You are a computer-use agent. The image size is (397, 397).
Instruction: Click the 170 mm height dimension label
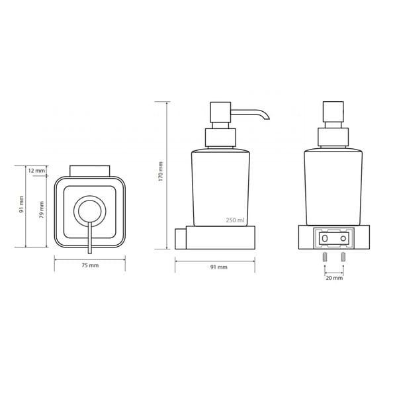pos(161,171)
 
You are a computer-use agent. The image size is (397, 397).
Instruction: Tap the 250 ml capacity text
pos(235,220)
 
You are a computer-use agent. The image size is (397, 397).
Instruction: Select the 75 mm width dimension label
pos(90,265)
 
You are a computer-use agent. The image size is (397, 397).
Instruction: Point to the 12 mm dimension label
pos(36,171)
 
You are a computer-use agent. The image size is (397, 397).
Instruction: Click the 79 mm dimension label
pos(42,210)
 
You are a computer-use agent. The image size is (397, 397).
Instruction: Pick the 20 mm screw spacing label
pos(334,278)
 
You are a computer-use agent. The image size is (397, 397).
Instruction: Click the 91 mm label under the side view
pos(219,267)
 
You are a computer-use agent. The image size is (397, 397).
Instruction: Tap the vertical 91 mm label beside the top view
pos(22,204)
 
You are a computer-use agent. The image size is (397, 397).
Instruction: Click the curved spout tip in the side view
pos(267,117)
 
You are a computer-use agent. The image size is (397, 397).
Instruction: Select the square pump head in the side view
pos(220,112)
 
